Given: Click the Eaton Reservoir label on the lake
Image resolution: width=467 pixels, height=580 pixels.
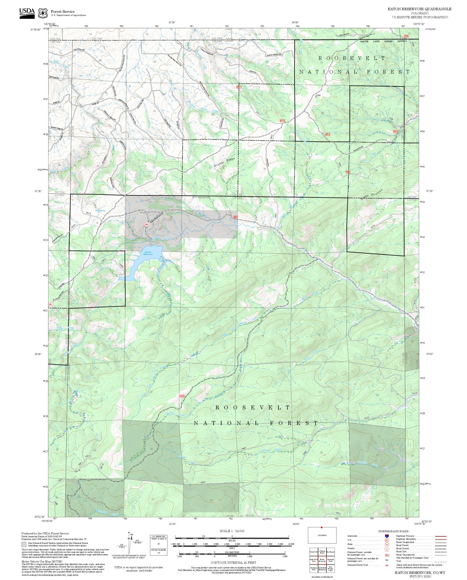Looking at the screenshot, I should click(x=148, y=253).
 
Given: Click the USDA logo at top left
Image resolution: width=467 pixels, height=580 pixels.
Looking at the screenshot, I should click(x=27, y=13).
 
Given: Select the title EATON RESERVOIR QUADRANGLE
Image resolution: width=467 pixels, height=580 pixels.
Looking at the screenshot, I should click(x=419, y=9).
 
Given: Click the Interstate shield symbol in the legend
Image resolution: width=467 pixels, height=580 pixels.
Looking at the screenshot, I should click(x=387, y=536).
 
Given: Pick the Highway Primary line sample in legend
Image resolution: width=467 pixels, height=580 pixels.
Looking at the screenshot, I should click(x=441, y=536).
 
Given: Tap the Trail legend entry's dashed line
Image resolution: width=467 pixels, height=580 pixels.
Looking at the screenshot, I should click(x=441, y=561).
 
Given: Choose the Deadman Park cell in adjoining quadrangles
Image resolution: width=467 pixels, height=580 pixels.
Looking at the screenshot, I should click(x=313, y=568).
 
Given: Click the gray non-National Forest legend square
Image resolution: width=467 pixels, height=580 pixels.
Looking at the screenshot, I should click(x=24, y=544).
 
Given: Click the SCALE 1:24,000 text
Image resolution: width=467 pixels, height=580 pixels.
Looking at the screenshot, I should click(x=232, y=531).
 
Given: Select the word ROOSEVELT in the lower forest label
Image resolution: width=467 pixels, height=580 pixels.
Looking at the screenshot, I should click(x=253, y=407).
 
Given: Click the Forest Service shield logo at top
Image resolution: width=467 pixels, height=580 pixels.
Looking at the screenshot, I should click(x=44, y=13).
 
